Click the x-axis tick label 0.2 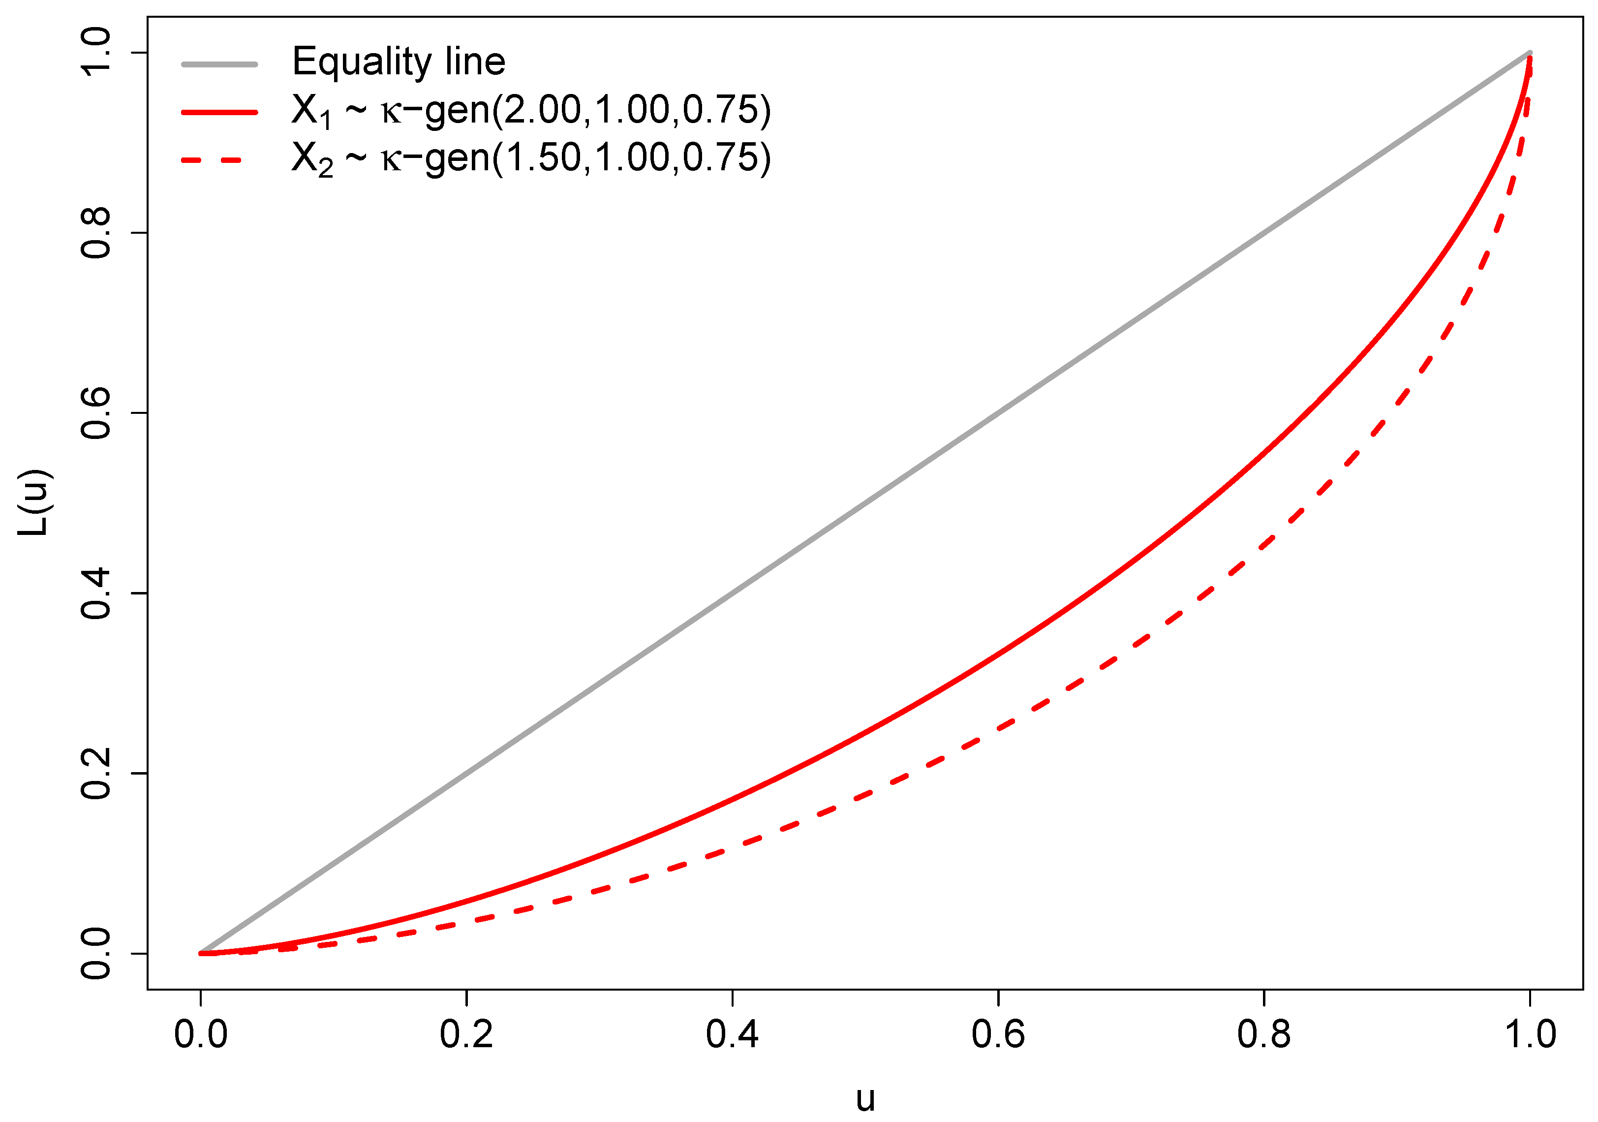click(x=466, y=1034)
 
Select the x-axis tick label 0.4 click(x=732, y=1034)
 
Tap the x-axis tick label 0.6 click(x=998, y=1034)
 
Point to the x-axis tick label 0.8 click(x=1264, y=1034)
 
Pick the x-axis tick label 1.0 click(x=1530, y=1034)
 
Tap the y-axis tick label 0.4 click(x=96, y=593)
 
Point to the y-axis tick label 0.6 click(x=96, y=413)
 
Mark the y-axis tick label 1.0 click(x=96, y=53)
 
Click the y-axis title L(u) click(x=33, y=502)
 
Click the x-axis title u click(x=865, y=1097)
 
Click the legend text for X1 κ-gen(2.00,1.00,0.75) click(x=531, y=111)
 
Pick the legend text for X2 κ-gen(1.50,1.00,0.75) click(x=531, y=158)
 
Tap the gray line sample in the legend click(x=219, y=64)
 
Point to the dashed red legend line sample click(x=219, y=160)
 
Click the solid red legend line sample click(x=219, y=112)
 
